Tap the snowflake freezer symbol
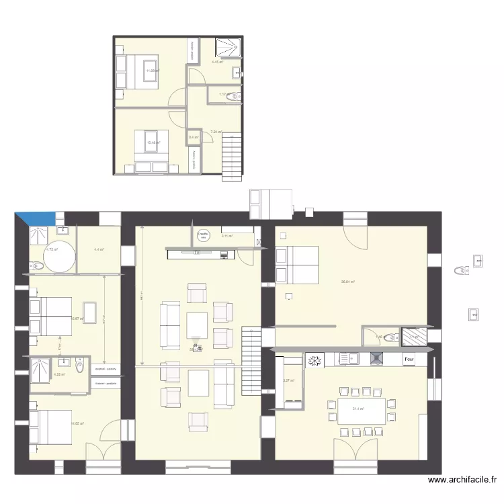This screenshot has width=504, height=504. (x=312, y=361)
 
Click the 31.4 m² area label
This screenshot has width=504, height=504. (x=358, y=409)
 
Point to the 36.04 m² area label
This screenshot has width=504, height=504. (x=347, y=282)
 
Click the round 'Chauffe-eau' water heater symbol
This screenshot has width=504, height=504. (x=202, y=235)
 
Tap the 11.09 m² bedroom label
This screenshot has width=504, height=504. (x=152, y=71)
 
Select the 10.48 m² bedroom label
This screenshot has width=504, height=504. (x=152, y=142)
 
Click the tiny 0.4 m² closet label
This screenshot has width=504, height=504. (x=194, y=137)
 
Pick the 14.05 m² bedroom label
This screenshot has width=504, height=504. (x=77, y=423)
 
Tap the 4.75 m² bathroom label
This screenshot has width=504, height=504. (x=51, y=250)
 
